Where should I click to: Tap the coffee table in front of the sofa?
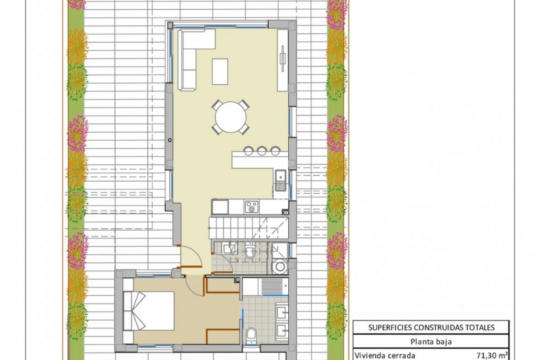(220, 71)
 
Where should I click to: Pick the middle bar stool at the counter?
(262, 151)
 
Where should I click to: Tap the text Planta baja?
(431, 342)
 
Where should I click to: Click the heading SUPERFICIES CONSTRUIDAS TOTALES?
(431, 327)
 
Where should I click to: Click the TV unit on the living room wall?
(282, 60)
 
